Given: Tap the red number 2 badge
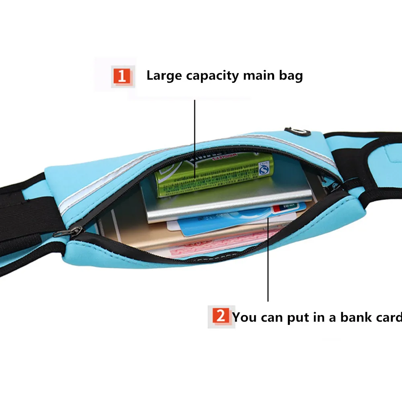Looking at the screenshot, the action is [x=221, y=316].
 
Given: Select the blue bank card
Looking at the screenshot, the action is [x=225, y=224].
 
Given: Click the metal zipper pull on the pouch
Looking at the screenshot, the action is [x=73, y=230].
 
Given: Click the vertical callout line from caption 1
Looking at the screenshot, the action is [x=195, y=137].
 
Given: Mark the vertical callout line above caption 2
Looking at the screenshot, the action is [x=268, y=261].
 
